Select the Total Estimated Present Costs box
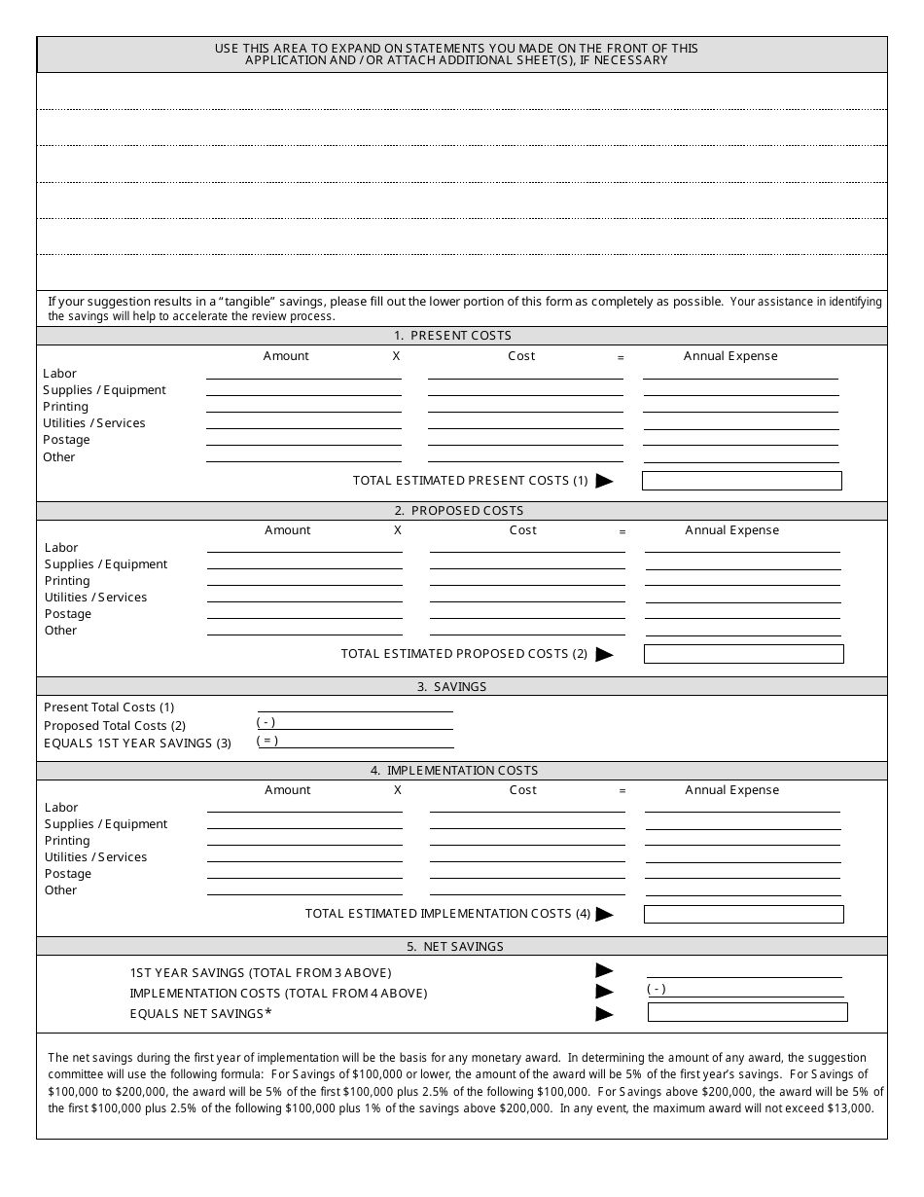741,481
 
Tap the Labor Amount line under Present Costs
303,373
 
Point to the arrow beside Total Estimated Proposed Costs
604,655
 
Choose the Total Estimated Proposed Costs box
743,654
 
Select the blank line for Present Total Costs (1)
355,707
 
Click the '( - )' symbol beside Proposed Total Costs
267,722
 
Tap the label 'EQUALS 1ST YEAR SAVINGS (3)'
137,744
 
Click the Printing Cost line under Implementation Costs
527,840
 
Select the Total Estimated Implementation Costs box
743,914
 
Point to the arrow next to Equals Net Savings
604,1014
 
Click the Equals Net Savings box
747,1012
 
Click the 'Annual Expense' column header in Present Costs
730,356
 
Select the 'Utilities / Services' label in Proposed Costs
95,598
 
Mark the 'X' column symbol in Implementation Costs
398,790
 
